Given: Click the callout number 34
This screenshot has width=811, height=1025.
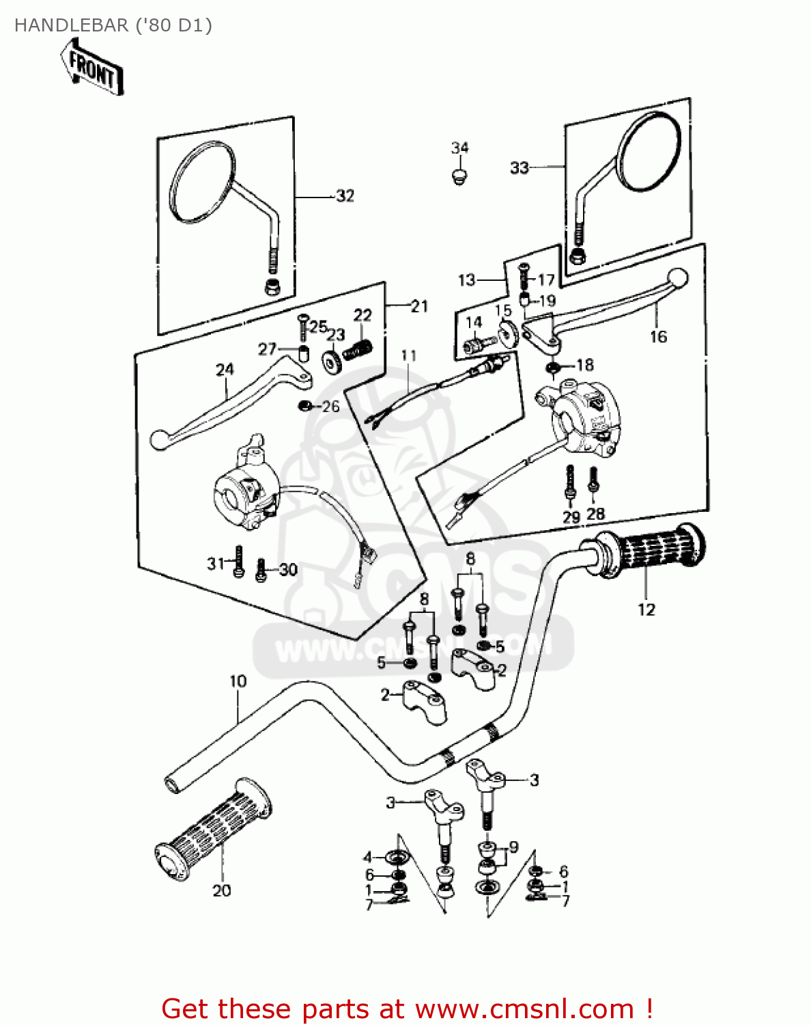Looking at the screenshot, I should point(460,148).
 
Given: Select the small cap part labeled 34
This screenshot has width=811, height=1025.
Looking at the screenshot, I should point(460,177).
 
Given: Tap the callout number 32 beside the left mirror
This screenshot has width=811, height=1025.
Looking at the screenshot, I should point(345,196).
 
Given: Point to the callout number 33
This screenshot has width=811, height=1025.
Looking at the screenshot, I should point(520,167).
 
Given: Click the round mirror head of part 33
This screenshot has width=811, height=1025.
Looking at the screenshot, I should point(649,152).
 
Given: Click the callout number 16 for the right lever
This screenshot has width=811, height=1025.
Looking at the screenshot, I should point(658,337).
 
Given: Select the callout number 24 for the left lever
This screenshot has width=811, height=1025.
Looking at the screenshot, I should point(225,370).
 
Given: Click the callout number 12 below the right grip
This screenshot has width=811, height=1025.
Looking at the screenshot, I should point(646,610).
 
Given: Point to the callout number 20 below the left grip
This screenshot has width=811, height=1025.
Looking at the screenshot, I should point(222,890).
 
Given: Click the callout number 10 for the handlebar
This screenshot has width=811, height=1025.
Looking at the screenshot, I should point(238,681).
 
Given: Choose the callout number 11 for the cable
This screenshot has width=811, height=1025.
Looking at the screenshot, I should point(408,355).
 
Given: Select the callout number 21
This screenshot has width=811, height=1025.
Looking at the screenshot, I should point(419,307).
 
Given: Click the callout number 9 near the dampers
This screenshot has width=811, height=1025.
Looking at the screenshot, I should point(513,847).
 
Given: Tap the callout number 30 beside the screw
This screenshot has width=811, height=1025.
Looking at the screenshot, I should point(288,569).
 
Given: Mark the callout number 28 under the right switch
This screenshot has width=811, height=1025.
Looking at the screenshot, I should point(595,514).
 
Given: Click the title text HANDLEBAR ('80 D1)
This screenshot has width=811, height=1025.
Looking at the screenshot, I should point(113,25).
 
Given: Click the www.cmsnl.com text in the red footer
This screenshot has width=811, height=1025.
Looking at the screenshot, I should point(524,1009).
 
